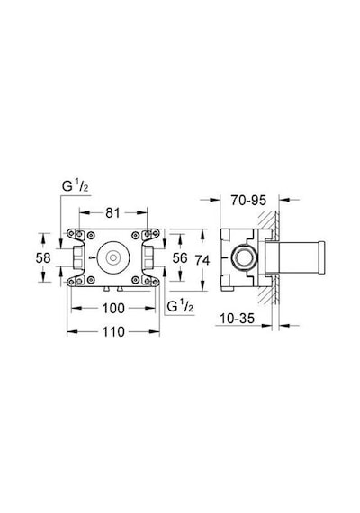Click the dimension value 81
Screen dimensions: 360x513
point(112,213)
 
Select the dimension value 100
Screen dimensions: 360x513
point(113,308)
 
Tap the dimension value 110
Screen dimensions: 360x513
point(113,332)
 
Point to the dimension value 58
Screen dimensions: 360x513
point(43,257)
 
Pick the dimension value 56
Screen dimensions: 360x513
point(180,257)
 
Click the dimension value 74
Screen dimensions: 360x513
point(202,260)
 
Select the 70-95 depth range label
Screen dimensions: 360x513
point(248,200)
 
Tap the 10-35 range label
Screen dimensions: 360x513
point(237,319)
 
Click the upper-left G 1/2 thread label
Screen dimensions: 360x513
point(75,186)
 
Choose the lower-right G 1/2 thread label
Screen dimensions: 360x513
point(180,306)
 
